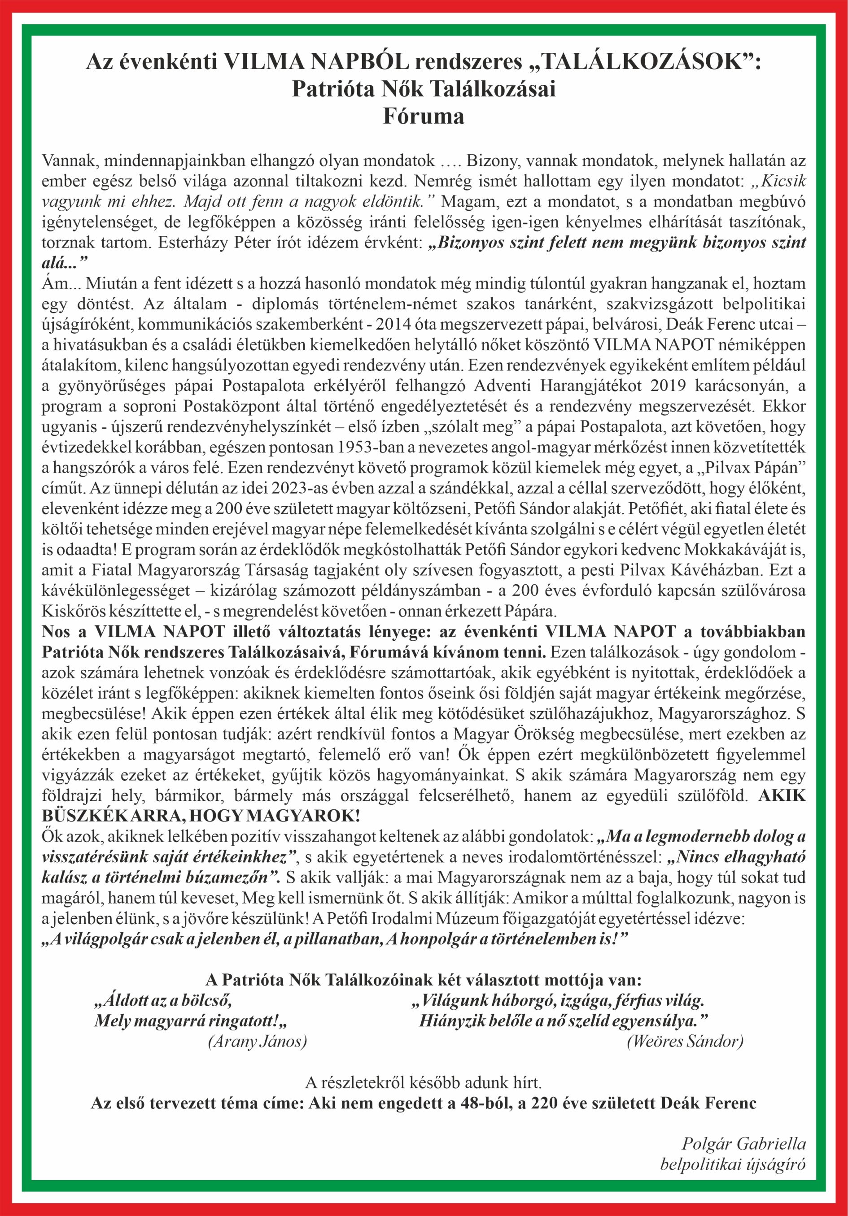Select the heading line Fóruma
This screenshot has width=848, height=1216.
[x=424, y=117]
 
